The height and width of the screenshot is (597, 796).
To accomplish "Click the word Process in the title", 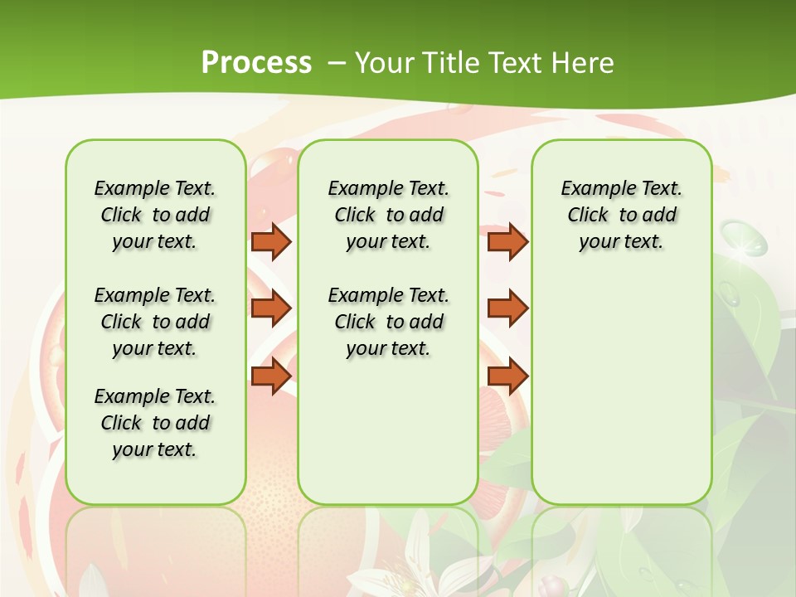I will pos(256,63).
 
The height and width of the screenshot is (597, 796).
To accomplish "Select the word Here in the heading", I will pos(584,63).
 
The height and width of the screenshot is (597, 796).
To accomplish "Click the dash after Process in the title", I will pos(337,64).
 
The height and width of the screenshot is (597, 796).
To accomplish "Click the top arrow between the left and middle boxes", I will pos(271,241).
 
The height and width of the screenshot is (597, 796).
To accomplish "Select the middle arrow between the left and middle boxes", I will pos(271,308).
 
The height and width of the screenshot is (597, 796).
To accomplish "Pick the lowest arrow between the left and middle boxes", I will pos(271,376).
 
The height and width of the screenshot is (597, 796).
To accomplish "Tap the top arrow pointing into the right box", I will pos(507,241).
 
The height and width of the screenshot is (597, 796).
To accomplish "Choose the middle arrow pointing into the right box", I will pos(507,308).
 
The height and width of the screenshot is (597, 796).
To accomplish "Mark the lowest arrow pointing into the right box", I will pos(507,376).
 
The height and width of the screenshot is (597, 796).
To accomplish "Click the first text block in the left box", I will pos(155,215).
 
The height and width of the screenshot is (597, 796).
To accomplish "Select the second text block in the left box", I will pos(155,322).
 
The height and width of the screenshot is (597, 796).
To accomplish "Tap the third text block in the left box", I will pos(155,423).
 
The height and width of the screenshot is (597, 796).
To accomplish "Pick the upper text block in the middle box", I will pos(388,215).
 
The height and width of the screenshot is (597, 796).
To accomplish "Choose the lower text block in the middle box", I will pos(388,322).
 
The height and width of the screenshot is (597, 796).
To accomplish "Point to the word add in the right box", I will pos(659,215).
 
